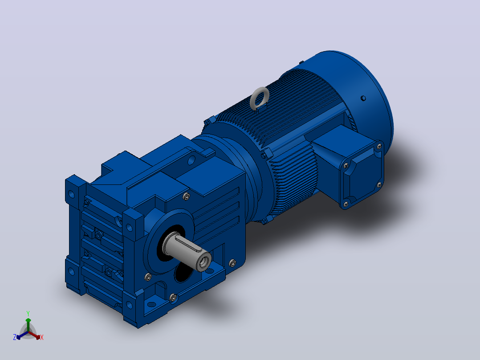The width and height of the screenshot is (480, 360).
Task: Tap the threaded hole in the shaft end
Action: [204, 262]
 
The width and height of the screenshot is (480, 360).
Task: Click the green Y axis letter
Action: [28, 313]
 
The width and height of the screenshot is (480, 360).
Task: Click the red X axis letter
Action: [42, 337]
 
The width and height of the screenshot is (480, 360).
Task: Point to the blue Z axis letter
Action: [15, 337]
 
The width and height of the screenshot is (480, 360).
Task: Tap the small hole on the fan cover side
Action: [363, 98]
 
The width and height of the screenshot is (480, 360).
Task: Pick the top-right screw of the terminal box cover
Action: [379, 147]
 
